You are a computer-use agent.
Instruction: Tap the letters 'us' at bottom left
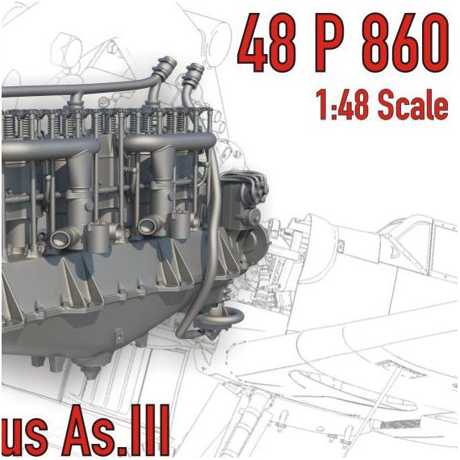(x=25, y=437)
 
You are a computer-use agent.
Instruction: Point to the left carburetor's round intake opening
(x=64, y=238)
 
